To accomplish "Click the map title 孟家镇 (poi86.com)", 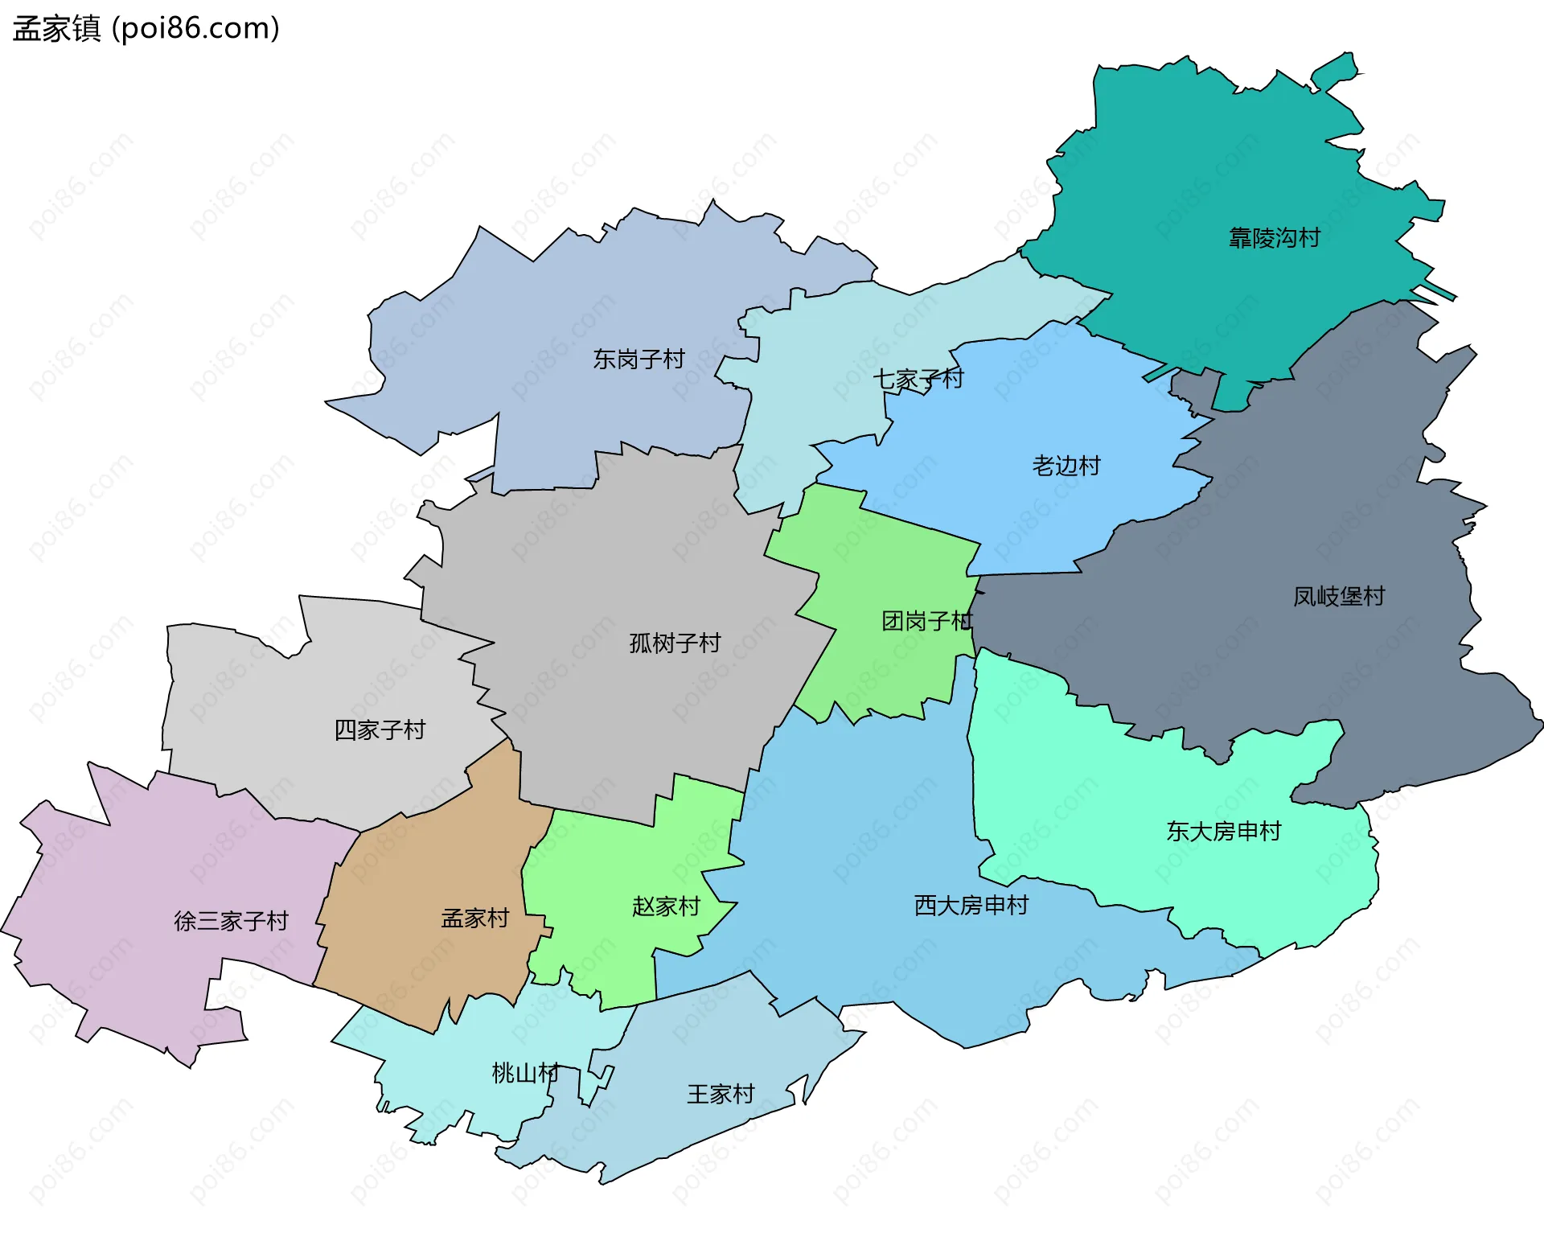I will pos(146,28).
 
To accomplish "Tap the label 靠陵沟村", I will pos(1275,238).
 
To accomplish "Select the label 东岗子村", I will pos(639,359).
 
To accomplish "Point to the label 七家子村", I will pos(918,378).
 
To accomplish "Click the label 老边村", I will pos(1066,466).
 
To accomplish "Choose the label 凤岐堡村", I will pos(1339,596).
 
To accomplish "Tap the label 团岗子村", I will pos(927,621).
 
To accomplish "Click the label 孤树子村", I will pos(675,643).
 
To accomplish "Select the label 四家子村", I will pos(380,729).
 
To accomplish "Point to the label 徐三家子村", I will pos(232,921).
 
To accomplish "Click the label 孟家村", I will pos(475,918).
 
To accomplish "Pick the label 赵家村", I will pos(666,906).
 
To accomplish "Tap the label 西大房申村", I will pos(971,906).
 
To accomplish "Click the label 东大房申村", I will pos(1224,831).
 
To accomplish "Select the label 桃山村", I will pos(525,1072).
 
